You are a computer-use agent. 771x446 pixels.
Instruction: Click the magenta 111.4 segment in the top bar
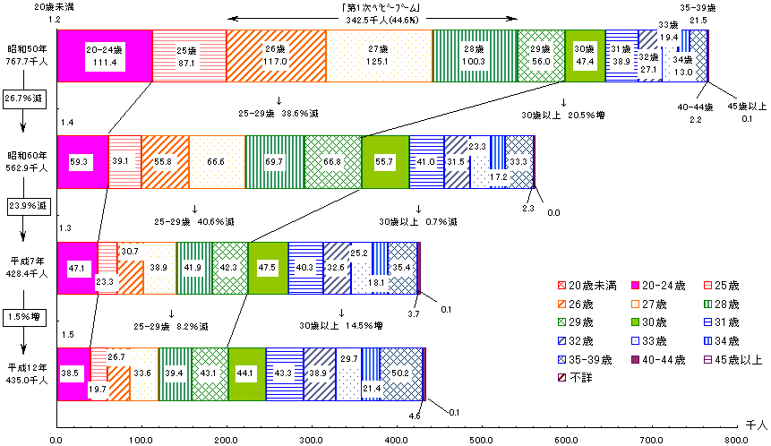(104, 56)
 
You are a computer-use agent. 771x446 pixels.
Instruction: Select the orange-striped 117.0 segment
(276, 56)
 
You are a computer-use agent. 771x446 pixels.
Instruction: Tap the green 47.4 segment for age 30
(585, 56)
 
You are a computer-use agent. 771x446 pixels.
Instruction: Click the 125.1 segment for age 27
(379, 56)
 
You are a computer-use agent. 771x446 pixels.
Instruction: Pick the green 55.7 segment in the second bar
(385, 162)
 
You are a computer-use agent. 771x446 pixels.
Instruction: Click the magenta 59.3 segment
(81, 162)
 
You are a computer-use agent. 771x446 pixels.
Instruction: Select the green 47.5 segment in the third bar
(268, 268)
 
